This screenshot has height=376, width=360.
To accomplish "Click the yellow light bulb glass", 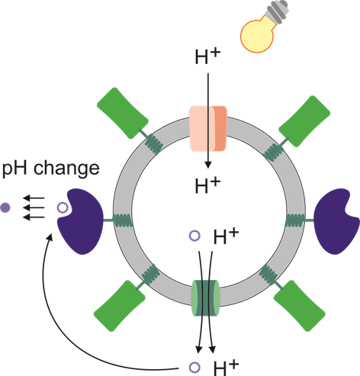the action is [x=257, y=35].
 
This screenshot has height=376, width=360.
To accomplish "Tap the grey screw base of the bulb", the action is [x=277, y=11].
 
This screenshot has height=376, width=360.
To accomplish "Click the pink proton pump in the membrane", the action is [x=208, y=129].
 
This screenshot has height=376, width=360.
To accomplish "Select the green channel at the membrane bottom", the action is [x=205, y=297].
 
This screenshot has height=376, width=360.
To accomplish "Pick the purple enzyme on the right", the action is [x=336, y=222].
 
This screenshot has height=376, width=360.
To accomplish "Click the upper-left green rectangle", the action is [x=123, y=113].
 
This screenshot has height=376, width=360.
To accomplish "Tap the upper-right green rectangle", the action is [x=304, y=121].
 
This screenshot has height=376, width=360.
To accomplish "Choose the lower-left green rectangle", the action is [x=120, y=306].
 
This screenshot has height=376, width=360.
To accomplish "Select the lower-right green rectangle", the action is [x=300, y=306].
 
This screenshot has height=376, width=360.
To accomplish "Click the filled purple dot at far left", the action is [x=5, y=207].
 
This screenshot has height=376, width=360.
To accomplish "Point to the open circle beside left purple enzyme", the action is [x=63, y=208].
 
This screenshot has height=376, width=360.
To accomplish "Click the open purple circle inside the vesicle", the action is [x=194, y=236].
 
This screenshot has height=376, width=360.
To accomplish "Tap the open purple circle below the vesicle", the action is [x=194, y=368].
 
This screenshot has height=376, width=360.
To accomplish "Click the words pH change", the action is [x=50, y=169].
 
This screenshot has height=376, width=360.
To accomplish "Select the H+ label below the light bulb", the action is [x=207, y=56].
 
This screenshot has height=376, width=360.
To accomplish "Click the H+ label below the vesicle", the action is [x=226, y=367].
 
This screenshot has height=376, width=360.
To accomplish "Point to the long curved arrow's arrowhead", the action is [x=50, y=237].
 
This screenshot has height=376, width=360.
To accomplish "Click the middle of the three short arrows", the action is [x=34, y=207].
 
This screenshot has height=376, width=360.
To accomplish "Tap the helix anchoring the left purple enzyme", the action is [x=122, y=220].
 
